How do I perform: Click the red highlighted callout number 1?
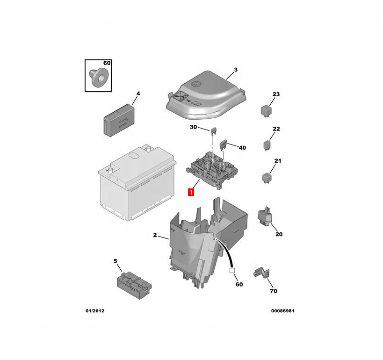point(190,192)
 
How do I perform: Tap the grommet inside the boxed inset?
point(97,78)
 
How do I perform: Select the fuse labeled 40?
point(225,144)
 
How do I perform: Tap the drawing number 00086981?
point(282,311)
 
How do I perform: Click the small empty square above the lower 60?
point(231,270)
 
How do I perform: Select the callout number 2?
point(155,235)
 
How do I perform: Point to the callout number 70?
point(273,291)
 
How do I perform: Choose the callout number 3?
point(236,70)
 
